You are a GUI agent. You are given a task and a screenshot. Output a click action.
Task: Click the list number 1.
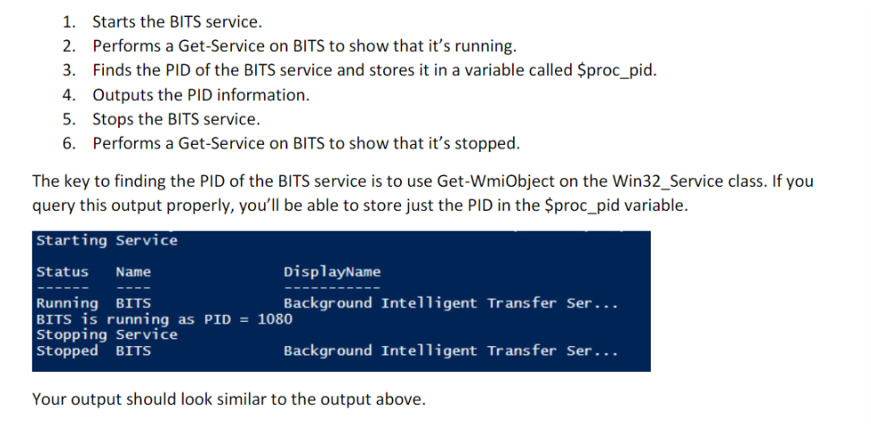click(x=68, y=21)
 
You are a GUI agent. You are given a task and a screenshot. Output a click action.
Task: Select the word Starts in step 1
click(x=113, y=21)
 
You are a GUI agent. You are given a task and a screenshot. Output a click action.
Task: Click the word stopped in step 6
click(x=488, y=143)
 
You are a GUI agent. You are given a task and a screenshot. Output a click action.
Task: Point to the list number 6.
click(x=68, y=143)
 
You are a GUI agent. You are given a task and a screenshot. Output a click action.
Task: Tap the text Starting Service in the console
click(x=107, y=241)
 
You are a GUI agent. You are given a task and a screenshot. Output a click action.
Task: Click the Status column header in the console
click(x=63, y=272)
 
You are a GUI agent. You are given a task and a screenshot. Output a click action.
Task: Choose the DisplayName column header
click(x=331, y=272)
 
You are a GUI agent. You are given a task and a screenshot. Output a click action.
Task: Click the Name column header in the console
click(x=133, y=272)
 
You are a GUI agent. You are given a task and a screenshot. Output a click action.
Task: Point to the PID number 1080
click(x=275, y=318)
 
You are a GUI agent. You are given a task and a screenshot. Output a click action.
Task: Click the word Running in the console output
click(x=67, y=303)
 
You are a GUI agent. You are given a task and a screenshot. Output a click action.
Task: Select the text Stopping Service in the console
click(x=107, y=334)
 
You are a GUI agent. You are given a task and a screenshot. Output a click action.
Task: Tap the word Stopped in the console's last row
click(x=67, y=351)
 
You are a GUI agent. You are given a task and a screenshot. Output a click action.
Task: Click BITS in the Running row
click(x=133, y=303)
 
